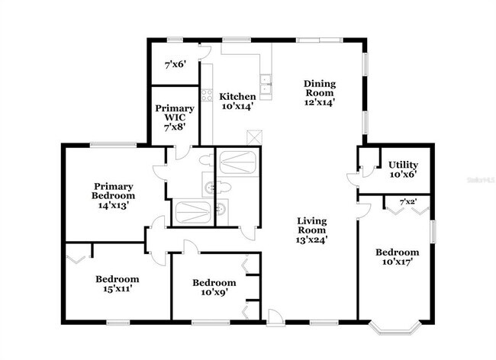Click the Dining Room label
pyautogui.click(x=320, y=92)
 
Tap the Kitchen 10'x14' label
pyautogui.click(x=238, y=101)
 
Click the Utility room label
pyautogui.click(x=403, y=169)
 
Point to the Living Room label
pyautogui.click(x=312, y=230)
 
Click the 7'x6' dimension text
pyautogui.click(x=176, y=66)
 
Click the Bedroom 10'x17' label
pyautogui.click(x=398, y=257)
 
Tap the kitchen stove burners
pyautogui.click(x=206, y=96)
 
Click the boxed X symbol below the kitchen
pyautogui.click(x=254, y=137)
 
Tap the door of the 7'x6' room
pyautogui.click(x=203, y=50)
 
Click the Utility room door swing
pyautogui.click(x=353, y=178)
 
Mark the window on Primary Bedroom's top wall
pyautogui.click(x=114, y=145)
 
